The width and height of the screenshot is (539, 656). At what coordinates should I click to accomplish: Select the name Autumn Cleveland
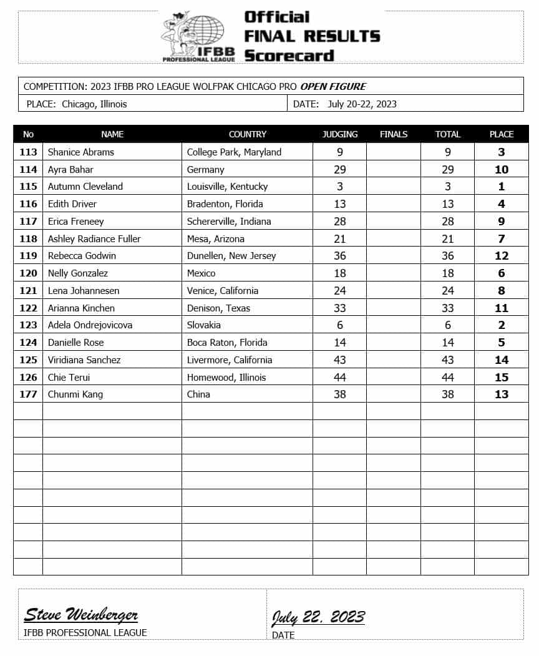[85, 187]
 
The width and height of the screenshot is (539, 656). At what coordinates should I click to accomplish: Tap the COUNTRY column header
[248, 134]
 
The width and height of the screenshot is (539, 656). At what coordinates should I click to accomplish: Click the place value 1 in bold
[502, 187]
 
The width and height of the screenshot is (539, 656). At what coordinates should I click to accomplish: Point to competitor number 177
[28, 394]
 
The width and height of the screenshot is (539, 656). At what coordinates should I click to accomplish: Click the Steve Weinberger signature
[81, 615]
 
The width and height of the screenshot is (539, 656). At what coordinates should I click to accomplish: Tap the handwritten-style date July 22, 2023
[318, 617]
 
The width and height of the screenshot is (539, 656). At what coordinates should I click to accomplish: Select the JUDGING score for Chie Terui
[339, 377]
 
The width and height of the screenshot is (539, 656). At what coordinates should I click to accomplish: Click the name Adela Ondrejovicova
[90, 325]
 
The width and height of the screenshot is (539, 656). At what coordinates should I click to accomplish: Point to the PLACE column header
[502, 134]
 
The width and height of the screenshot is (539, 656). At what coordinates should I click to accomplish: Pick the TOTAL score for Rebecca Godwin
[447, 256]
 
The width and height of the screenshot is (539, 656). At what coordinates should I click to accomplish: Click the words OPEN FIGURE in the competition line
[333, 86]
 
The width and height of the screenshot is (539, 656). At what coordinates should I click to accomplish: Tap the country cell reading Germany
[205, 170]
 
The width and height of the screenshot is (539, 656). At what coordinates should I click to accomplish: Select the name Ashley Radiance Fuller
[94, 239]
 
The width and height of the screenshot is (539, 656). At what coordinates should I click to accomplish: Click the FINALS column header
[394, 134]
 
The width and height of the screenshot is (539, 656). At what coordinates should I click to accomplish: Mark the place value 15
[502, 377]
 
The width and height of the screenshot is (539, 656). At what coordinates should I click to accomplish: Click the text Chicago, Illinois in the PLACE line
[94, 104]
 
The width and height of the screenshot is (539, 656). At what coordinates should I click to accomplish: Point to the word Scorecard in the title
[289, 56]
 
